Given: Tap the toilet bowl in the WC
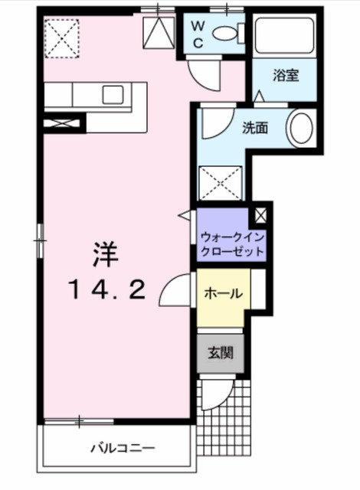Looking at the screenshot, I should pyautogui.click(x=225, y=34).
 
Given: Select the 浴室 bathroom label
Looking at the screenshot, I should pyautogui.click(x=287, y=75).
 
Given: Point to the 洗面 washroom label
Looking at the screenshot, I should pyautogui.click(x=256, y=128).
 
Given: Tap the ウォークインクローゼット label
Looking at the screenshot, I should pyautogui.click(x=232, y=244).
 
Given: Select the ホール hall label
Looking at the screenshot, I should pyautogui.click(x=224, y=293).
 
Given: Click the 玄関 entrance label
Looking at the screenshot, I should pyautogui.click(x=221, y=354).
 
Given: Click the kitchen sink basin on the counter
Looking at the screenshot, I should pyautogui.click(x=113, y=94).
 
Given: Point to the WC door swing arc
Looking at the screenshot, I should pyautogui.click(x=205, y=73).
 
